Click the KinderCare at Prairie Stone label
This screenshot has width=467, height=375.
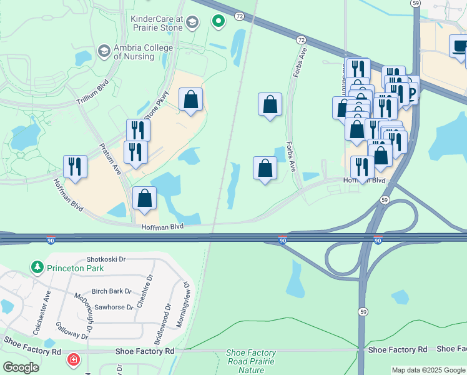tap(157, 23)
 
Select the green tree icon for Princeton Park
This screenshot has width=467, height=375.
tap(37, 267)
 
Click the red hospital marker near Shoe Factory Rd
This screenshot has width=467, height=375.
tap(74, 360)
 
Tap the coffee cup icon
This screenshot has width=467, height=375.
tap(460, 46)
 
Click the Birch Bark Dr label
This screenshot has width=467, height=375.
tap(111, 291)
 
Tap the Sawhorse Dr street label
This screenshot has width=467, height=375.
tap(112, 307)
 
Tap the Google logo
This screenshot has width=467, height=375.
tap(21, 367)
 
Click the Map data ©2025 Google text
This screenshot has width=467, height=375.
tap(428, 370)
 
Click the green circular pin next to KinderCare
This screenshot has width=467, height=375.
tap(218, 22)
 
